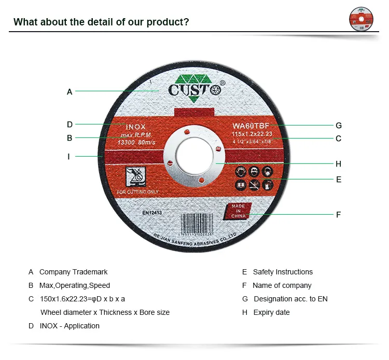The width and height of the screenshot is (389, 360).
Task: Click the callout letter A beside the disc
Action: (70, 92)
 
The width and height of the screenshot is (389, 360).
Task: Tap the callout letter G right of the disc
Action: (339, 125)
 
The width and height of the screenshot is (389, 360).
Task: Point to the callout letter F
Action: (338, 214)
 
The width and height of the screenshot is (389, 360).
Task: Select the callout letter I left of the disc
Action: (68, 156)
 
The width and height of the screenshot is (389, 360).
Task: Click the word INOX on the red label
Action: (136, 127)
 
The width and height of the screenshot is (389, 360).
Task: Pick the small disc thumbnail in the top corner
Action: (361, 19)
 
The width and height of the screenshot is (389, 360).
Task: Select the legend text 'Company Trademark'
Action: (73, 272)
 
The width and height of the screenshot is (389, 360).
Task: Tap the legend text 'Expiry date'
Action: (271, 312)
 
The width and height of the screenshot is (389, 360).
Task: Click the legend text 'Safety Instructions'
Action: (283, 272)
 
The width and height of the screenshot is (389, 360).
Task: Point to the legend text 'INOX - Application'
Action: (70, 326)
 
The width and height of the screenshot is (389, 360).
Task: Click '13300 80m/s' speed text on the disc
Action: (132, 143)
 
